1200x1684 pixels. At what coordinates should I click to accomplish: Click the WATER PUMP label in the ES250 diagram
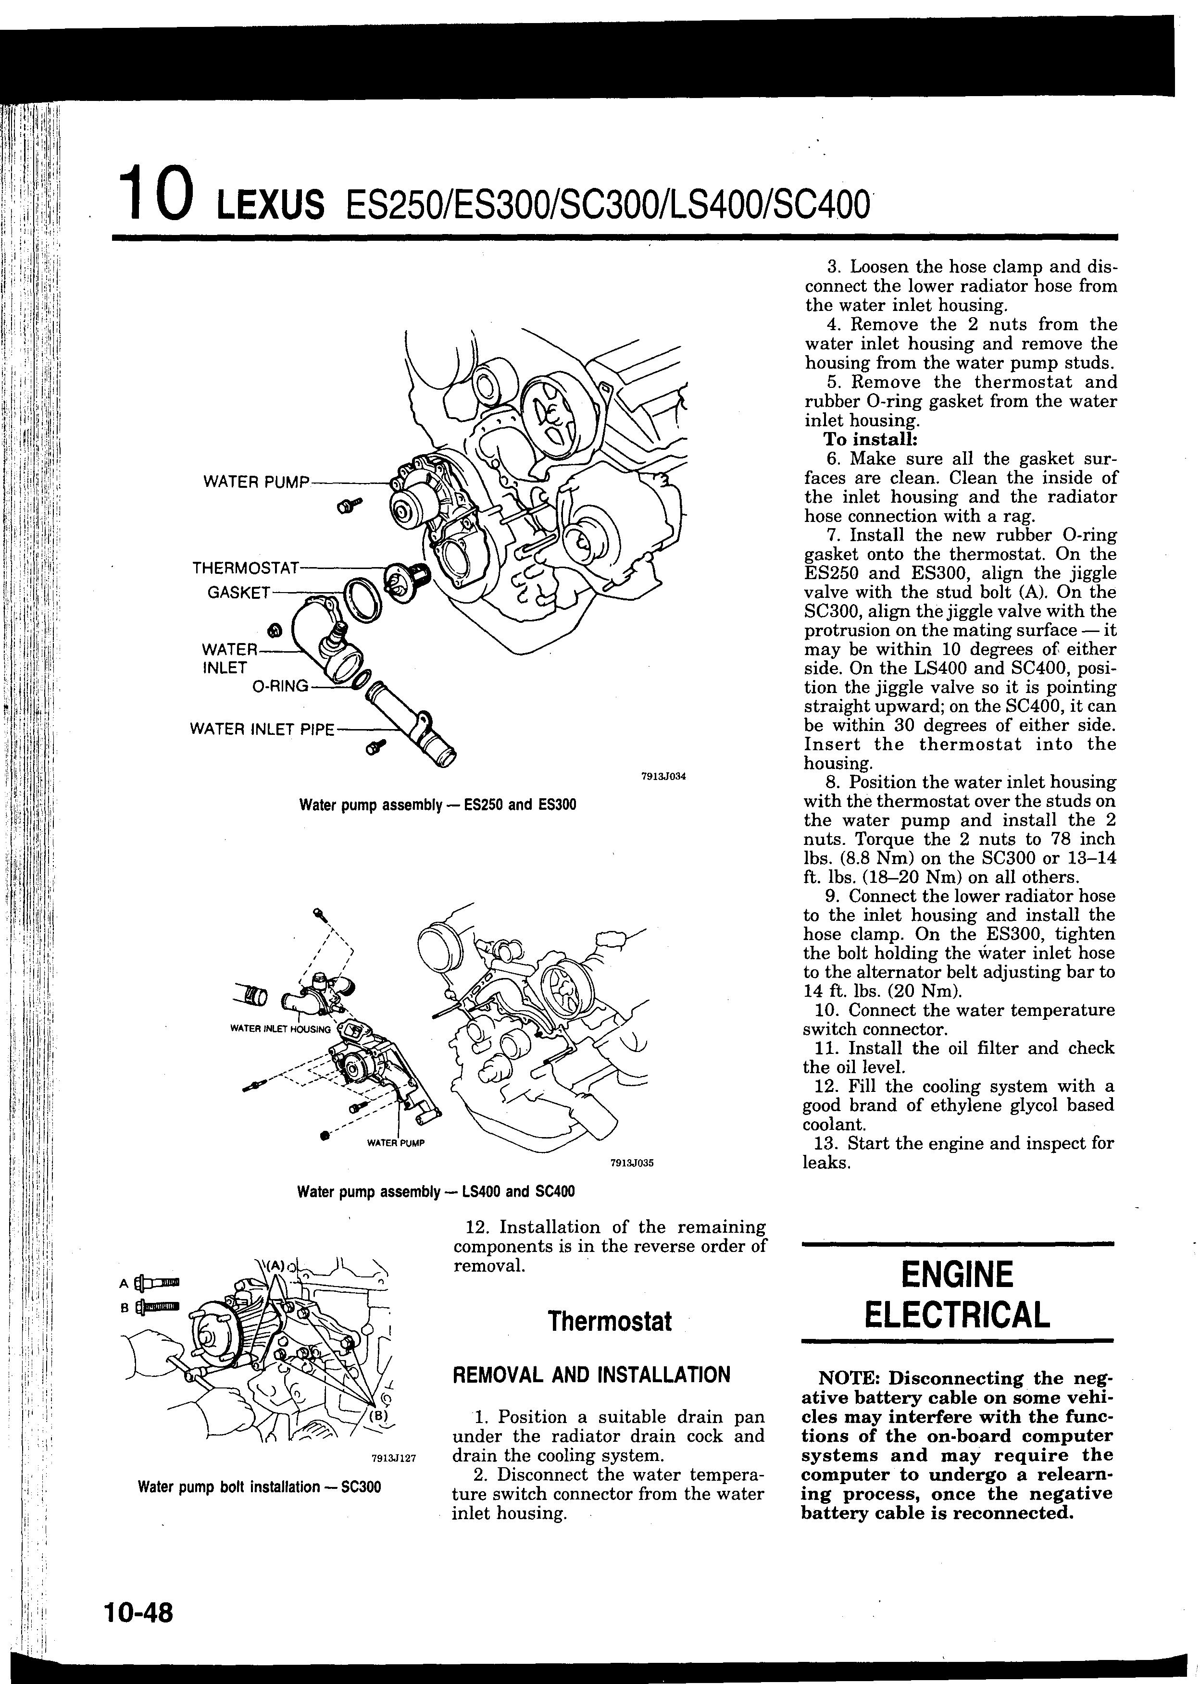point(256,483)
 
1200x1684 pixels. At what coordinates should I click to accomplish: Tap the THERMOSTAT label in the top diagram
point(245,569)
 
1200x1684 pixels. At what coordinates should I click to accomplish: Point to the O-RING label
point(280,686)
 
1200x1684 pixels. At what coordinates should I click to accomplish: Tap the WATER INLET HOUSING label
point(280,1029)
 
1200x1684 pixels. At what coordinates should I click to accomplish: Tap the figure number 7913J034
point(663,776)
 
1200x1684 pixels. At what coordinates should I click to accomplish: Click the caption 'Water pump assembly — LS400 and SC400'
point(436,1192)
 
